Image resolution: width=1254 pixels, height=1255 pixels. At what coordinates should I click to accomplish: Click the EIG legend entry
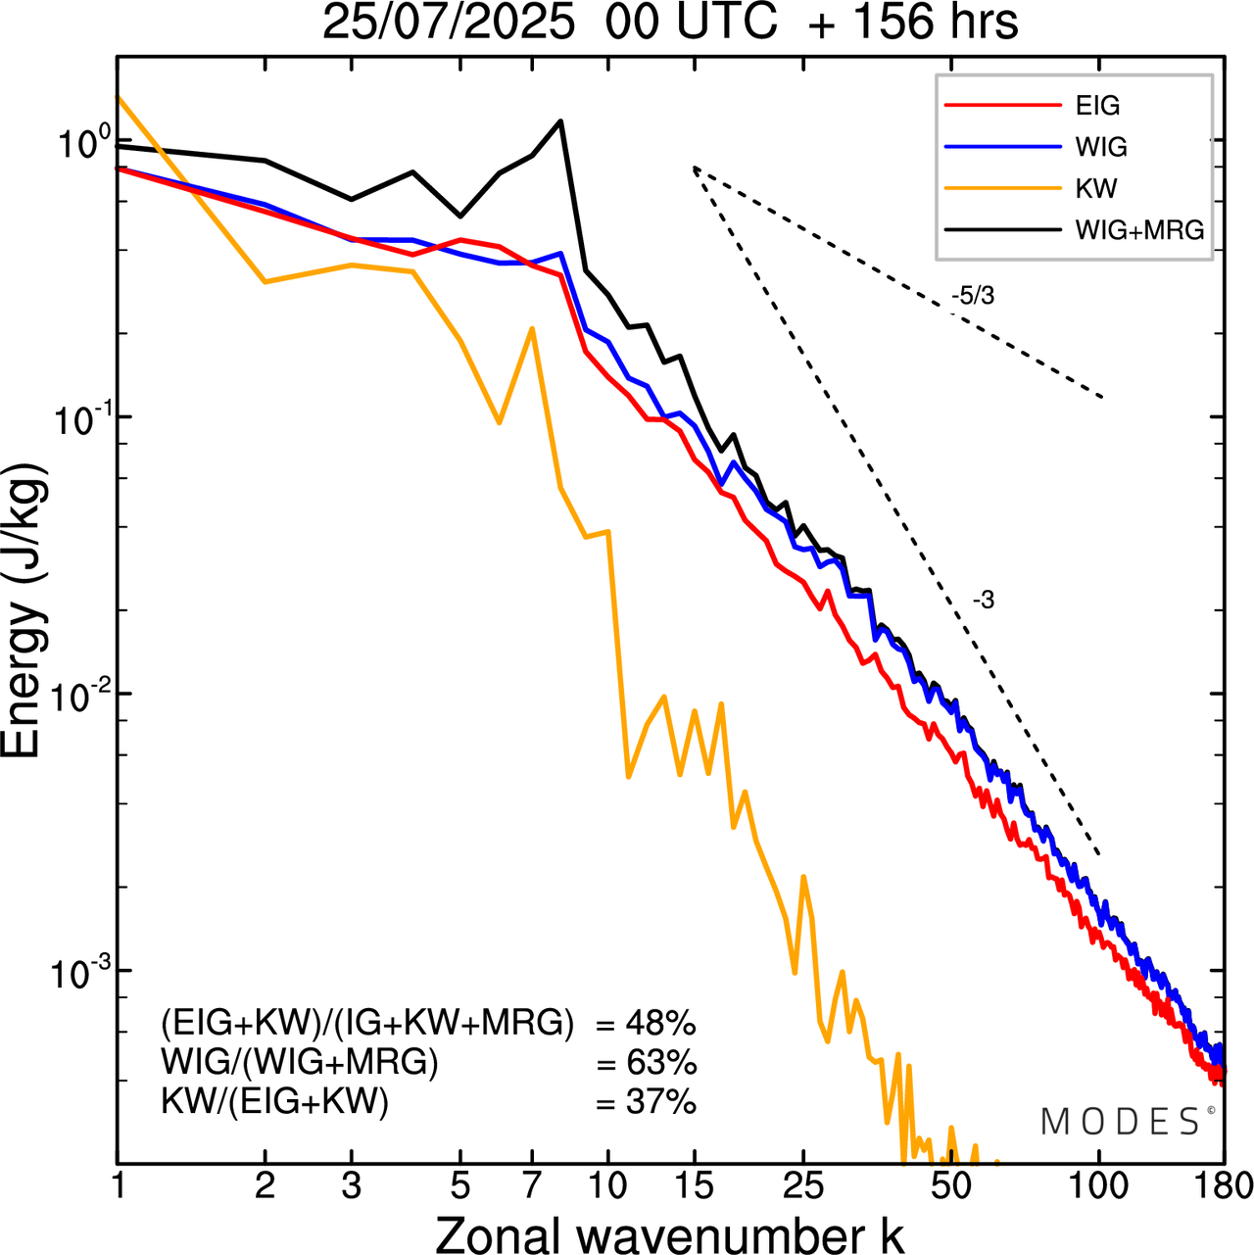click(x=1097, y=106)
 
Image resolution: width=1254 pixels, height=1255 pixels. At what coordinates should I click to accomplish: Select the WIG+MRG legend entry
click(x=1139, y=230)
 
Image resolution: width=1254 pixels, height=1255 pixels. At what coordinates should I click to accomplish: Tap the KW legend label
click(x=1096, y=188)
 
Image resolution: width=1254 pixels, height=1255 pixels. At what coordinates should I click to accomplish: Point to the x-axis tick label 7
click(x=532, y=1186)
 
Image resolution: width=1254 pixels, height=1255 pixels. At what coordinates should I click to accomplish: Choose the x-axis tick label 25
click(x=802, y=1186)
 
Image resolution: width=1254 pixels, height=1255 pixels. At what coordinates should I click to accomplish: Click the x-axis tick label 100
click(x=1099, y=1186)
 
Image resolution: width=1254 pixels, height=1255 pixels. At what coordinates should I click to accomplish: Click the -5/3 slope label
click(x=972, y=295)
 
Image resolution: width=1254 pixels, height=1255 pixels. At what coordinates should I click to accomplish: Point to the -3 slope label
click(x=983, y=601)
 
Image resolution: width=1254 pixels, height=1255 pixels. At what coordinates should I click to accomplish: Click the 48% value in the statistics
click(x=660, y=1024)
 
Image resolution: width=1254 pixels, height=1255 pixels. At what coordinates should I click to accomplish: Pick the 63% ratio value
click(x=660, y=1063)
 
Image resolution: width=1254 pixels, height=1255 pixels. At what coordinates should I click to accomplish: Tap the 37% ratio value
click(x=660, y=1102)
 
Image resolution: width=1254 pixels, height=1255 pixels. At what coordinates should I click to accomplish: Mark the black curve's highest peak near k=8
click(x=560, y=121)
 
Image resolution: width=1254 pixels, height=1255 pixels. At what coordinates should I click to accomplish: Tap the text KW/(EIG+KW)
click(x=275, y=1102)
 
